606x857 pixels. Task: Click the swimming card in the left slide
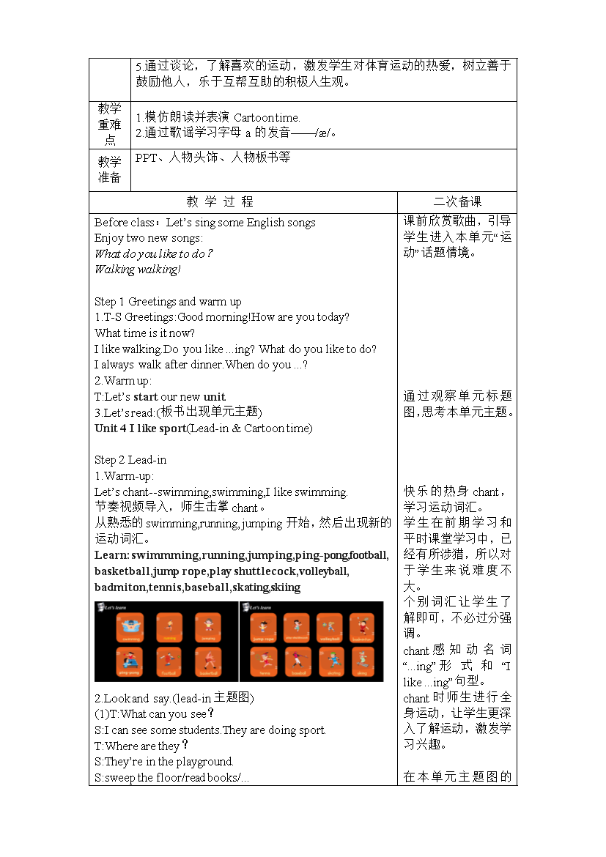[x=130, y=627]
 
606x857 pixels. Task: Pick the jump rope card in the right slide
[x=263, y=627]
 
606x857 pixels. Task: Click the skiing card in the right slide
[x=362, y=661]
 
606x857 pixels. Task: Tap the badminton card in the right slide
[x=362, y=627]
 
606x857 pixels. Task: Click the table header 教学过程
[x=220, y=202]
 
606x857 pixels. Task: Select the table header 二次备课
[x=457, y=202]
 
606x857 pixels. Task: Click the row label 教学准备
[x=109, y=170]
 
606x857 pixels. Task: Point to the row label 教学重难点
[x=109, y=125]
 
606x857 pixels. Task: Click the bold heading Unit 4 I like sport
[x=140, y=428]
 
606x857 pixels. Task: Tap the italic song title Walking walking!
[x=137, y=270]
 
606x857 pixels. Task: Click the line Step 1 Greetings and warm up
[x=168, y=302]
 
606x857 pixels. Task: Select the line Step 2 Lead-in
[x=130, y=460]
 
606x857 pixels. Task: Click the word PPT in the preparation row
[x=147, y=157]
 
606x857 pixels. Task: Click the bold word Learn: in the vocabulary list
[x=111, y=555]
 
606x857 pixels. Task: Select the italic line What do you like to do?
[x=154, y=253]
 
